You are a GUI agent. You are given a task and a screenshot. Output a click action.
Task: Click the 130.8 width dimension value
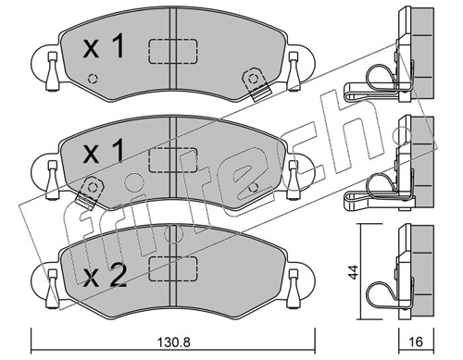(173, 342)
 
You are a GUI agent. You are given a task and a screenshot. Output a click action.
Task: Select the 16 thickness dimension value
(416, 341)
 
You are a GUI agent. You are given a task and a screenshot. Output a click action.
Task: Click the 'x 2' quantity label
(105, 276)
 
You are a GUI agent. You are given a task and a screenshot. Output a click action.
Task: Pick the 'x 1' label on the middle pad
(104, 152)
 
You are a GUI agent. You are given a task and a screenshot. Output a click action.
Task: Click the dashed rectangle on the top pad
(173, 51)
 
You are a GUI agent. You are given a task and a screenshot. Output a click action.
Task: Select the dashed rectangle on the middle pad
(173, 159)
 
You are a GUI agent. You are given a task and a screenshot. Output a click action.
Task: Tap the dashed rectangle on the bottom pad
(173, 268)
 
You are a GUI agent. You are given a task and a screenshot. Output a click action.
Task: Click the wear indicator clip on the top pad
(256, 84)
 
